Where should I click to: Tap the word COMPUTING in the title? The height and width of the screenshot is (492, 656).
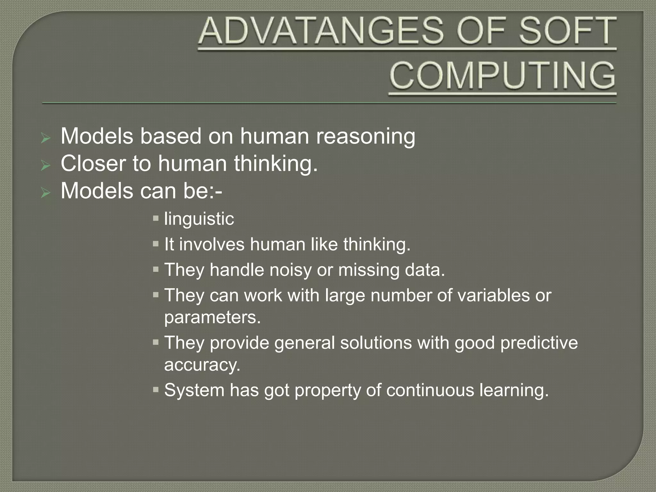(502, 76)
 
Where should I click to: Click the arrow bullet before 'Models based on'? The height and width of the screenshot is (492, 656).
(46, 138)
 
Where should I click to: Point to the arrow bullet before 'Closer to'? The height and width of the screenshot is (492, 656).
(46, 166)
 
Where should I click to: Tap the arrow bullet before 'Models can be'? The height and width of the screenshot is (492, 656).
(46, 193)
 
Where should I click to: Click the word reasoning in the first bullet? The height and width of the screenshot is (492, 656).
(365, 136)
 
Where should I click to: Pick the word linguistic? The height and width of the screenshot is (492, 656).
(199, 219)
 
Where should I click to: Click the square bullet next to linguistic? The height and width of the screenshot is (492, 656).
(156, 219)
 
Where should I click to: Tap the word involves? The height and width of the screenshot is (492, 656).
(212, 244)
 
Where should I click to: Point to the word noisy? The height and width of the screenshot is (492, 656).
(290, 270)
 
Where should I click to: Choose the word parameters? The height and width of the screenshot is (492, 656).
(212, 317)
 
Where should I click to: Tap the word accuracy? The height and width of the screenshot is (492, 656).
(202, 365)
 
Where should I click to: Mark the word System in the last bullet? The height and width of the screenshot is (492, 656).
(194, 390)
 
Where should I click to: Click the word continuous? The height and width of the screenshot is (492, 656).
(430, 390)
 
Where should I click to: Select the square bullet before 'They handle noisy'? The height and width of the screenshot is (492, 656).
(156, 270)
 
